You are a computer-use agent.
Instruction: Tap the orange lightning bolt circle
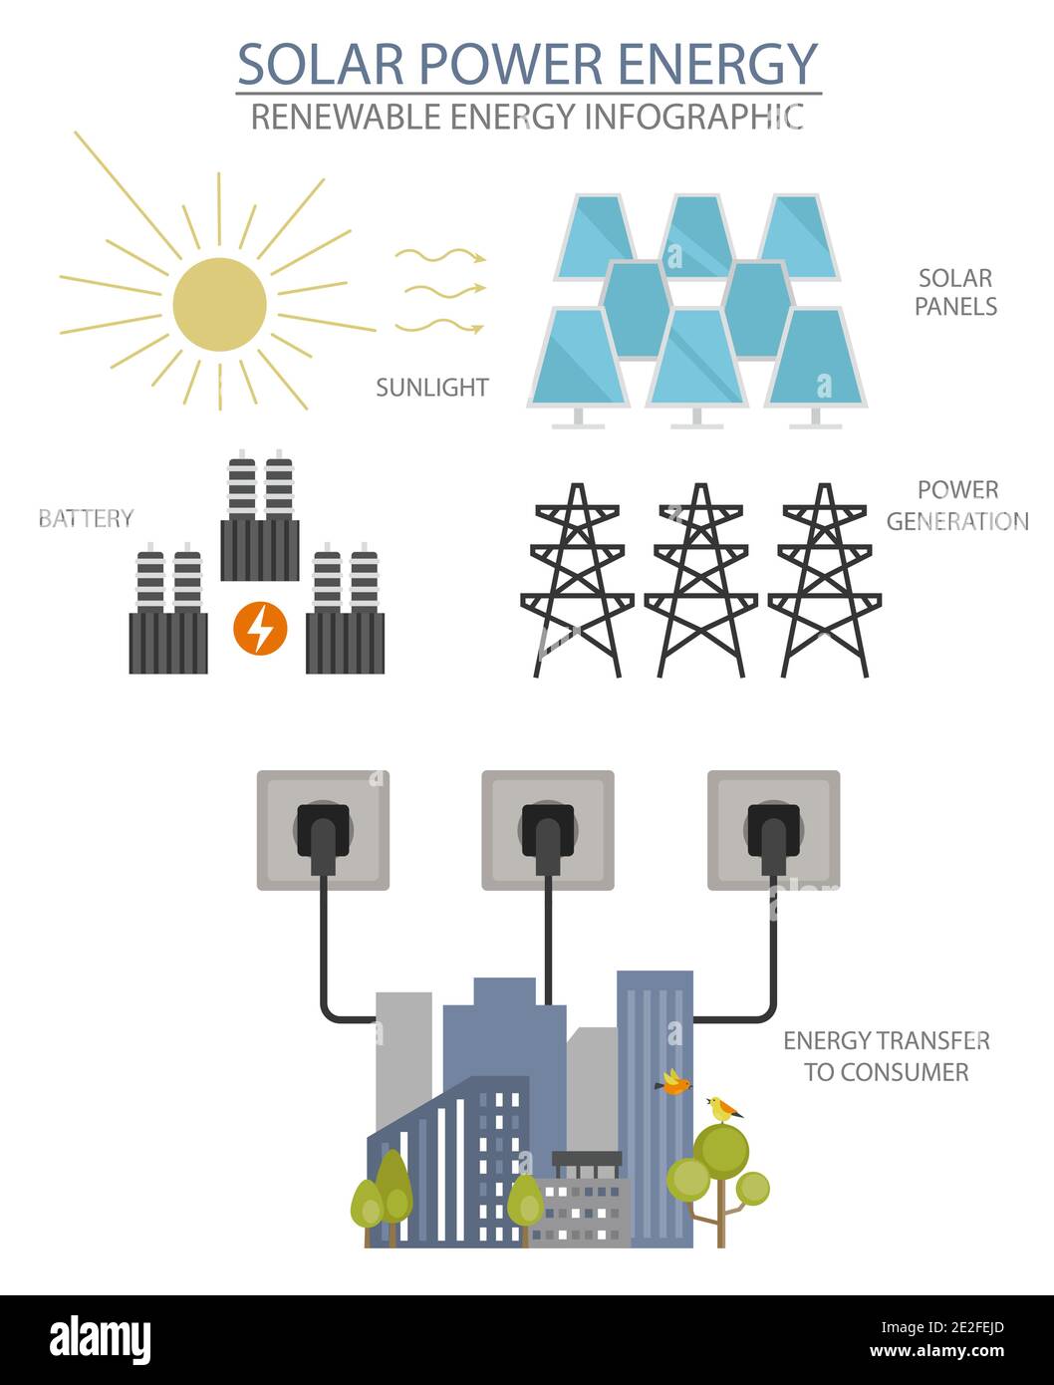point(260,629)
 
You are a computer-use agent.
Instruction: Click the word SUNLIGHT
point(431,388)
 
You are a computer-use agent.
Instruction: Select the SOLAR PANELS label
point(955,292)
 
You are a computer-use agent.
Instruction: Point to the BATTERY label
point(86,518)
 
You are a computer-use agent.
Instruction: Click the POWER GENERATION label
point(956,505)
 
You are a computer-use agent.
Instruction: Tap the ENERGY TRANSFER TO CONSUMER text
point(886,1056)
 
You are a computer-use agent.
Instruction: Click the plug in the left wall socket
point(323,834)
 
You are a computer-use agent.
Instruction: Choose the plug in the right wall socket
point(774,834)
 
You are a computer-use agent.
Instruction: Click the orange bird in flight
point(674,1083)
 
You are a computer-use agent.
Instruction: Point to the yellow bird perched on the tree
point(723,1108)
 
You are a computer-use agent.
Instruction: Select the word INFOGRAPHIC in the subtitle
point(693,117)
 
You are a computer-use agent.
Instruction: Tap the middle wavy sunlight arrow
point(439,290)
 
